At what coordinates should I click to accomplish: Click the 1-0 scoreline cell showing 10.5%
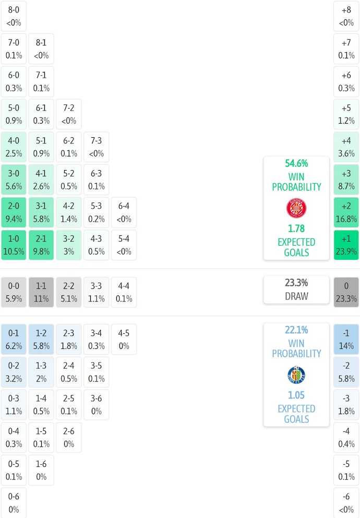(14, 245)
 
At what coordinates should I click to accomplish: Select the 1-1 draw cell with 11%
(41, 292)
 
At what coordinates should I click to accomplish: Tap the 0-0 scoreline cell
(14, 292)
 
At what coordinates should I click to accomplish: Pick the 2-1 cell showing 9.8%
(41, 245)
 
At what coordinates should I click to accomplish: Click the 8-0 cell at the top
(14, 16)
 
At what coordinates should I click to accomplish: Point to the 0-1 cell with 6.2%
(14, 339)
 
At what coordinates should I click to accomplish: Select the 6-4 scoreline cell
(124, 212)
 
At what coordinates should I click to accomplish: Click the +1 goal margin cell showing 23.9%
(346, 245)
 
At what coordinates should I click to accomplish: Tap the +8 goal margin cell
(346, 16)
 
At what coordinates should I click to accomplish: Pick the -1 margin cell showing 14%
(346, 339)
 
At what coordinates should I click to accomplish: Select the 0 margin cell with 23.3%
(346, 292)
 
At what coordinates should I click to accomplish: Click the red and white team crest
(296, 208)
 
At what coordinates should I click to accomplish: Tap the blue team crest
(296, 375)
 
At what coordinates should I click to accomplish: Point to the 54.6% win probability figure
(296, 163)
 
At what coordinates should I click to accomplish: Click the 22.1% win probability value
(296, 330)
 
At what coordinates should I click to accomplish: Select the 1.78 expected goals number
(296, 228)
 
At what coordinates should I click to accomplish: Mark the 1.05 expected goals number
(296, 395)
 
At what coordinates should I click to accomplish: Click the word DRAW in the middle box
(296, 296)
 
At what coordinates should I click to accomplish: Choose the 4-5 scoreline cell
(124, 339)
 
